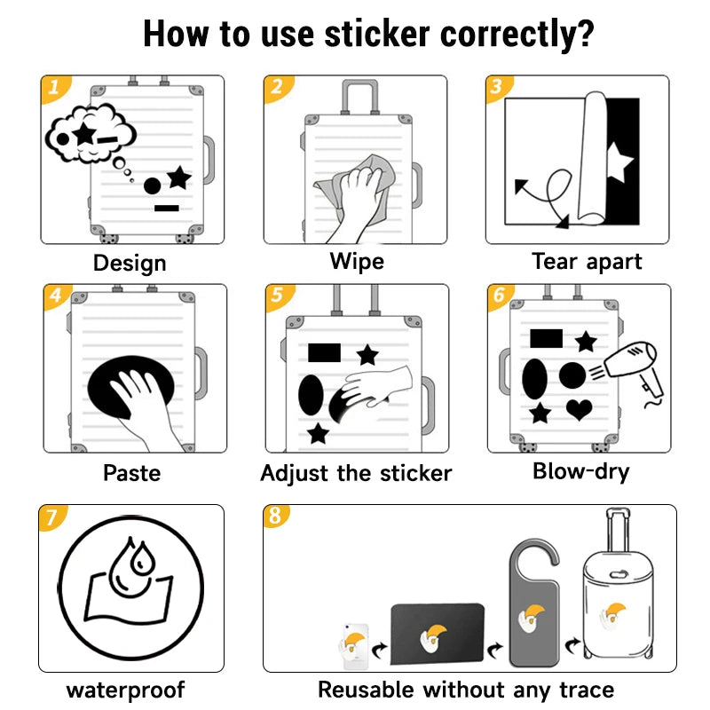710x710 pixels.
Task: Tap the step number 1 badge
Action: [54, 88]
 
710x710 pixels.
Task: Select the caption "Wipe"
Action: [357, 262]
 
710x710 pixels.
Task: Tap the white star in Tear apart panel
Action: [619, 163]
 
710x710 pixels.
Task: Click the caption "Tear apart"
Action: [587, 262]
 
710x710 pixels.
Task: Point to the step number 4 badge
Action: [56, 296]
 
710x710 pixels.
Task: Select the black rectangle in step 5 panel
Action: [324, 352]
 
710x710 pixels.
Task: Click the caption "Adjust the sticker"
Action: [356, 473]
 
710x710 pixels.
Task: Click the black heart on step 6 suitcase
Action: [580, 409]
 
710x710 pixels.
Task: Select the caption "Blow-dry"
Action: [580, 470]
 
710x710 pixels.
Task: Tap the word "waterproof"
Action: [125, 690]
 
